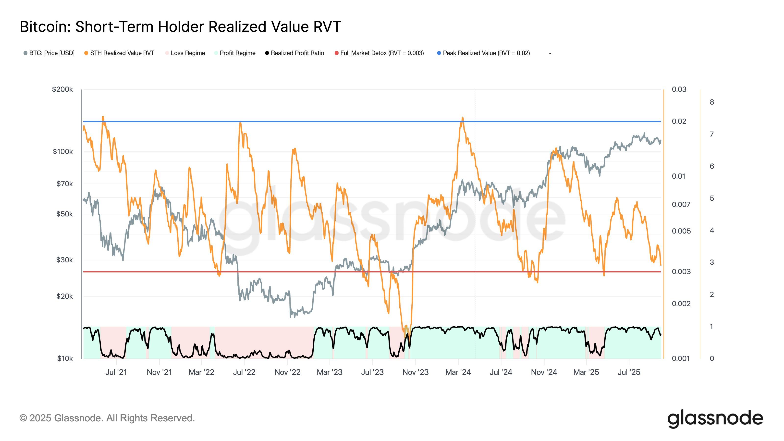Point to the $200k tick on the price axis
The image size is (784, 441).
point(62,89)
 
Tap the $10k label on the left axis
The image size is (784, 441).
point(65,358)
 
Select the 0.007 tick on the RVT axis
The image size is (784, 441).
point(681,205)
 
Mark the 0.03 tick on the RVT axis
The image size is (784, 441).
point(679,89)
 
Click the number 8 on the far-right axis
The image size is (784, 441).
point(711,102)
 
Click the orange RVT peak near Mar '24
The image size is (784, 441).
point(462,118)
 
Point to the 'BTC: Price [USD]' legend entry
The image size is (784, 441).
point(51,53)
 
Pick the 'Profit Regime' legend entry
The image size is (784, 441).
point(237,53)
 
